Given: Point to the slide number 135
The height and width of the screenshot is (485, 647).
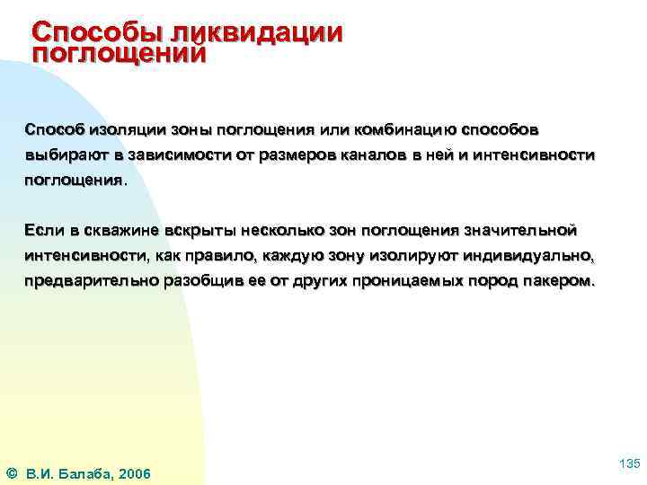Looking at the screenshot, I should click(629, 463).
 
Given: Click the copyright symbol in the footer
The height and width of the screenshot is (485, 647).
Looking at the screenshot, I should click(11, 473).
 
